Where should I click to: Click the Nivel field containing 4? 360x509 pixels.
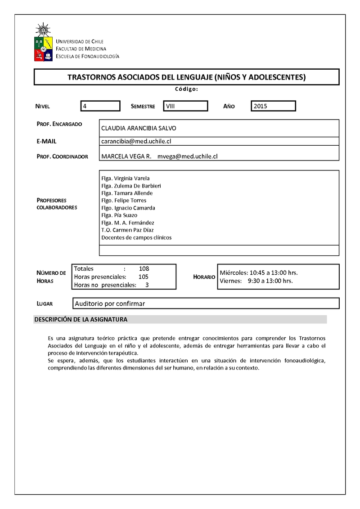point(100,106)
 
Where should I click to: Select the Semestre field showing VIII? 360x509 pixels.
point(185,106)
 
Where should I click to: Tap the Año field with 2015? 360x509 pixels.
point(273,106)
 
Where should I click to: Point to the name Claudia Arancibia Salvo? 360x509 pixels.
point(139,128)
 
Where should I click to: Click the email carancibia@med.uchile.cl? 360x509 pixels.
point(136,141)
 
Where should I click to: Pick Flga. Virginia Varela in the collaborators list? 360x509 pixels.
point(126,178)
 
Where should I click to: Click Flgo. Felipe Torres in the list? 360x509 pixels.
point(124,201)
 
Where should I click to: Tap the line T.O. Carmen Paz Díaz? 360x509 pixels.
point(128,230)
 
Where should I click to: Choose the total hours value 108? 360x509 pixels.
point(144,269)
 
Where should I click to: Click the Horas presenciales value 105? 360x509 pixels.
point(144,277)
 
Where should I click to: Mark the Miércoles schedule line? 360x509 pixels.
point(258,273)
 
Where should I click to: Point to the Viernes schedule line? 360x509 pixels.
point(256,281)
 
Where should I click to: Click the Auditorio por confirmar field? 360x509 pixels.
point(110,304)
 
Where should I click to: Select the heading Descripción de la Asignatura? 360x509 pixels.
point(81,320)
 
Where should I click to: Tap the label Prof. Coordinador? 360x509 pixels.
point(62,156)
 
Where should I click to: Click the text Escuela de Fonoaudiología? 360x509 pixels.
point(87,56)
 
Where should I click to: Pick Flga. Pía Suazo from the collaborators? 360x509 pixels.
point(119,215)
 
